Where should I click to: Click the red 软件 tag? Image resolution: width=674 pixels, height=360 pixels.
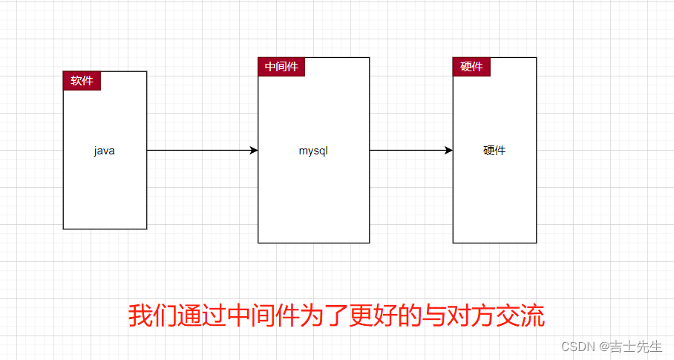click(82, 81)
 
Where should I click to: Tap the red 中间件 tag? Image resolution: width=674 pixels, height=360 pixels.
click(281, 67)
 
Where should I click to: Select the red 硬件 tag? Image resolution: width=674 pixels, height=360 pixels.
click(471, 67)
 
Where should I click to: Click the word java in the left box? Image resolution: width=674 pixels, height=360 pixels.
click(105, 151)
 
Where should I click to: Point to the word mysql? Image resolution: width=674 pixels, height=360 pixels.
click(313, 151)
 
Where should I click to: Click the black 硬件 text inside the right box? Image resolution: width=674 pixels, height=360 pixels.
click(494, 151)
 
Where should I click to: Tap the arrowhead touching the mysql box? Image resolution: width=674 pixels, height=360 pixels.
click(254, 151)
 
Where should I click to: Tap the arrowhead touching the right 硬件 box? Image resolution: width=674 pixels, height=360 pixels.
click(448, 151)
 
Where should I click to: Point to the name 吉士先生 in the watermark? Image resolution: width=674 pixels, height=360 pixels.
click(636, 347)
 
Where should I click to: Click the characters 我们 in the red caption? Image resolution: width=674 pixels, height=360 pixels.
click(152, 315)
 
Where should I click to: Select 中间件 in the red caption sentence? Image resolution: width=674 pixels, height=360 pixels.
click(263, 315)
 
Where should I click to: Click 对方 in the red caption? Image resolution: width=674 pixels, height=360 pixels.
click(471, 315)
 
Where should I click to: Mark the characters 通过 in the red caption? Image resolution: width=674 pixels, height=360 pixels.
click(200, 315)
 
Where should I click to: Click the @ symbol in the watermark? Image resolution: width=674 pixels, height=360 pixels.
click(603, 347)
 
